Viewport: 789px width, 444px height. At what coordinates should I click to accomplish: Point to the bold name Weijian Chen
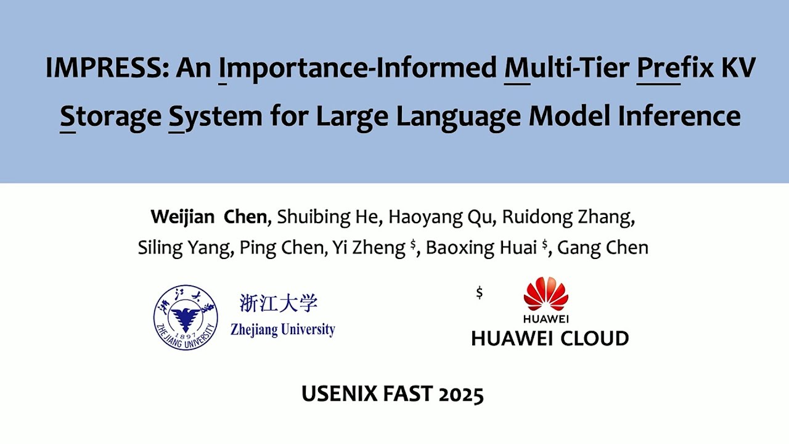(209, 217)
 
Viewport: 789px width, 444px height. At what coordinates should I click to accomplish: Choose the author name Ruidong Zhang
(568, 217)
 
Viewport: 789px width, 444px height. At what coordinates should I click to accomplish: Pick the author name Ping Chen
(281, 248)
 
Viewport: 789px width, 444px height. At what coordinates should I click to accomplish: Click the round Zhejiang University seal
(186, 317)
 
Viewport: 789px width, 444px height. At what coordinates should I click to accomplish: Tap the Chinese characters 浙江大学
(279, 303)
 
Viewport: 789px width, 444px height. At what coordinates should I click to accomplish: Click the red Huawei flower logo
(546, 294)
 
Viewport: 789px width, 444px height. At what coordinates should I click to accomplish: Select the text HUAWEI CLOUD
(550, 338)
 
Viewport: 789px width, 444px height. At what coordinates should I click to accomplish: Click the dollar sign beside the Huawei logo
(480, 293)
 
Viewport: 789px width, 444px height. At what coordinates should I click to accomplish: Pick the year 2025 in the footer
(460, 393)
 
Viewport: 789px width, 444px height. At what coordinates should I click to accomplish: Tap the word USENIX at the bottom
(338, 393)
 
